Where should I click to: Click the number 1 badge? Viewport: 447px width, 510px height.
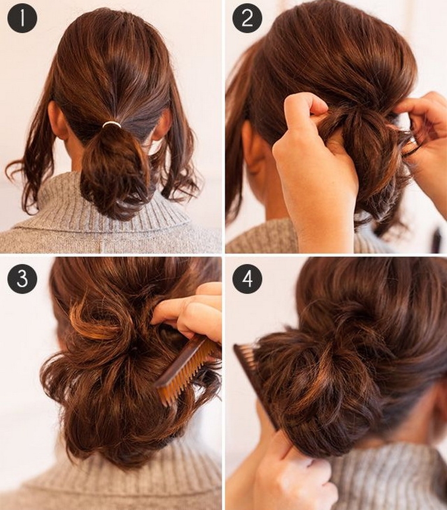tap(22, 18)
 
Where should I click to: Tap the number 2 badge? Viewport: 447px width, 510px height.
tap(247, 18)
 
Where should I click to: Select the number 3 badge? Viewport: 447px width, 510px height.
tap(22, 279)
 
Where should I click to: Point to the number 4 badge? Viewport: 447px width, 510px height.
tap(247, 279)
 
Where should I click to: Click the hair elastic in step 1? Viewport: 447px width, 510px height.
tap(111, 125)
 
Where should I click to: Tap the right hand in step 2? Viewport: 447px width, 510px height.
tap(426, 143)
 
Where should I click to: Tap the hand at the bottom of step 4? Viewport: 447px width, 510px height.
tap(292, 471)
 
